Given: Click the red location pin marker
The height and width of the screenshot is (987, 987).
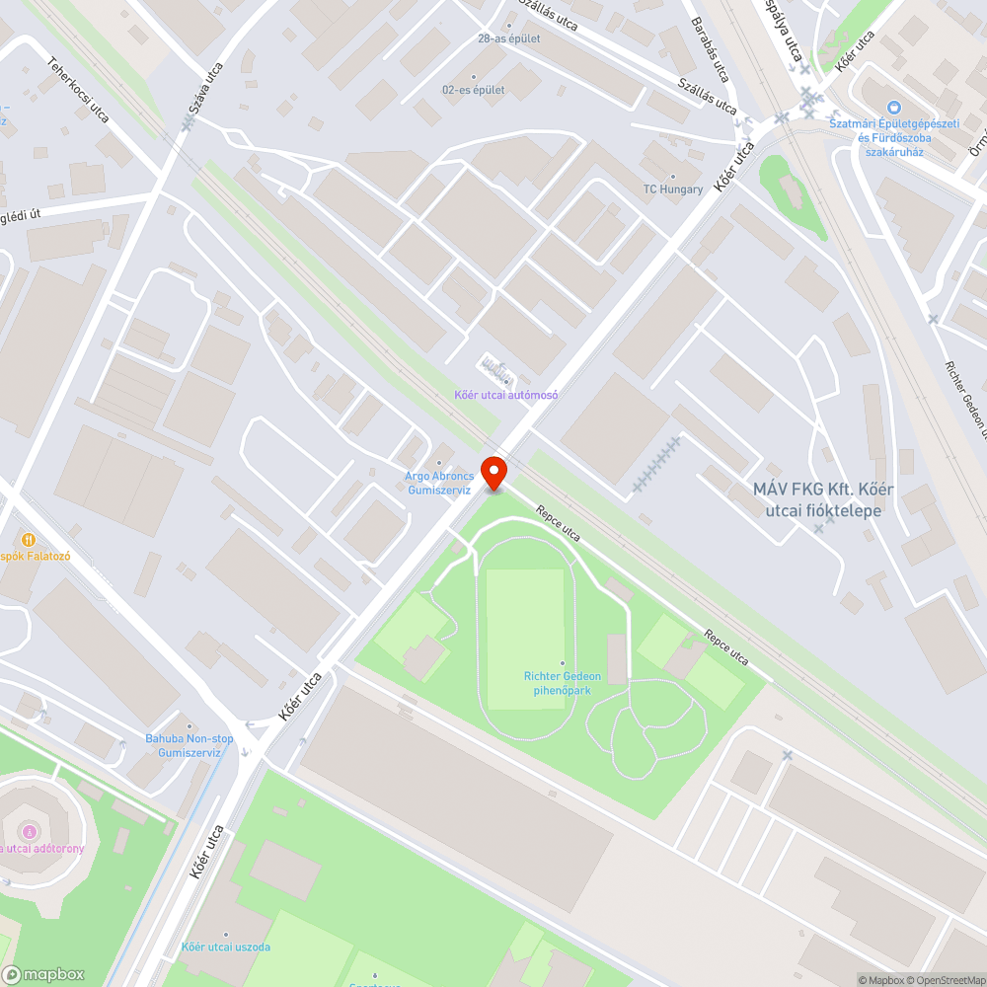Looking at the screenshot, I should [x=493, y=471].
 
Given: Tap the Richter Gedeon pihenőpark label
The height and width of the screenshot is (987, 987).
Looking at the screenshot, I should [x=563, y=682].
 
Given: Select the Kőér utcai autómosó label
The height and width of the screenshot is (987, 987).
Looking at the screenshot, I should [x=506, y=395].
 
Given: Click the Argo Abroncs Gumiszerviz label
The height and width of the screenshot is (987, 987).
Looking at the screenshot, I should [x=438, y=482].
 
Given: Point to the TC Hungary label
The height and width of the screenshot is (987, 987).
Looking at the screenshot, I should [x=673, y=189].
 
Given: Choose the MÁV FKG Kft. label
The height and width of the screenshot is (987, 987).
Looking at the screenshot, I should [x=817, y=499].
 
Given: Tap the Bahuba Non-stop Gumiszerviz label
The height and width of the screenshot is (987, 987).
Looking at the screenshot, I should [x=190, y=745].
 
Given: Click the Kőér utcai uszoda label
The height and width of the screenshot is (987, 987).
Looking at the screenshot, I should [x=225, y=947].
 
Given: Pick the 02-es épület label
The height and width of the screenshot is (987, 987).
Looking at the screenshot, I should [x=474, y=90].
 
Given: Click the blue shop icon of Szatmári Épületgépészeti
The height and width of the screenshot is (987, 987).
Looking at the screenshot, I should [x=894, y=108].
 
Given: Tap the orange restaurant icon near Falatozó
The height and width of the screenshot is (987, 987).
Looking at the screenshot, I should [x=29, y=540].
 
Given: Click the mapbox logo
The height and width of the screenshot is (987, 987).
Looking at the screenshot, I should [x=43, y=974].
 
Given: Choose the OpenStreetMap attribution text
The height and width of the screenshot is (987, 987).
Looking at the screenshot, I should [x=946, y=980].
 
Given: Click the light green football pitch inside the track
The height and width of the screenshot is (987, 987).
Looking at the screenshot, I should [x=525, y=639].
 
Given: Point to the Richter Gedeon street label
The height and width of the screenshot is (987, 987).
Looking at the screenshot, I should [x=965, y=395].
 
